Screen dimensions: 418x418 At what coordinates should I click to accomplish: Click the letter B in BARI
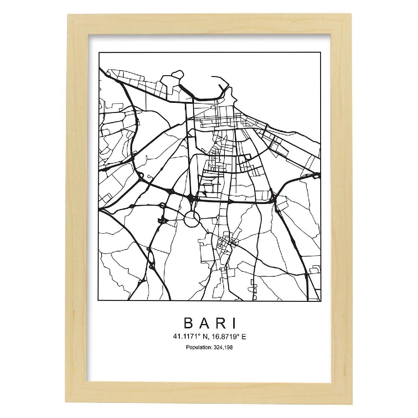(x=187, y=323)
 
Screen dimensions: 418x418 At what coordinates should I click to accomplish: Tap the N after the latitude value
(x=202, y=336)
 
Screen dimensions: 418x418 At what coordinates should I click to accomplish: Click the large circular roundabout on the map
(x=191, y=219)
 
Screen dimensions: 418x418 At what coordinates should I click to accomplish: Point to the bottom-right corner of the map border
(x=320, y=301)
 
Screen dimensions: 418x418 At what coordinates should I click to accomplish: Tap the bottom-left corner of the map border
(x=99, y=301)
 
